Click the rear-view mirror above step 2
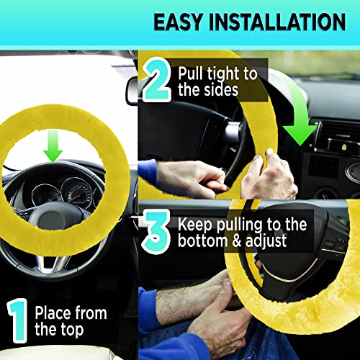click(x=132, y=90)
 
